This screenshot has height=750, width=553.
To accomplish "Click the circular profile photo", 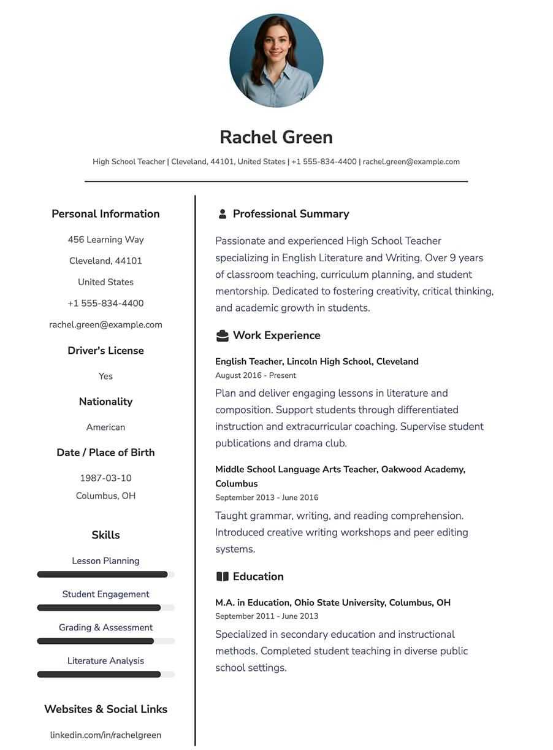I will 276,60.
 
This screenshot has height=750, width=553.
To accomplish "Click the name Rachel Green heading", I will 276,137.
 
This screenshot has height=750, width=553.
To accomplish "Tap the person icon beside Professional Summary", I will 222,214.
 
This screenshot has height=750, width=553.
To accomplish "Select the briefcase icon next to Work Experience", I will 222,335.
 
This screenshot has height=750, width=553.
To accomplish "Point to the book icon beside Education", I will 222,576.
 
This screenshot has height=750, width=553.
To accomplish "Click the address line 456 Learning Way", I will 105,240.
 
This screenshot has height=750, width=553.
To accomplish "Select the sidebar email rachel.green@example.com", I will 105,325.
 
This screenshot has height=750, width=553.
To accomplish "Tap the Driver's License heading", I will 105,351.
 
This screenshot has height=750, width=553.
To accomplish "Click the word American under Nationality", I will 105,427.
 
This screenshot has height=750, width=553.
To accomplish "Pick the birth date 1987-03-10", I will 105,478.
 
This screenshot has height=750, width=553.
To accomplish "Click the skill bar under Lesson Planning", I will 105,575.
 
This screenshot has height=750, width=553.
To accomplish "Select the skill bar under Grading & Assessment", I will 105,641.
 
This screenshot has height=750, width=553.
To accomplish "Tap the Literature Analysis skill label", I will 105,661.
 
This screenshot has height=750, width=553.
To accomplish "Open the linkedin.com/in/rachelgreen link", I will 105,735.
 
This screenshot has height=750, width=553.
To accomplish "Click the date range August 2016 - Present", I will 255,375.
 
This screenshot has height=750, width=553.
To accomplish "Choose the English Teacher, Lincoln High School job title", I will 316,362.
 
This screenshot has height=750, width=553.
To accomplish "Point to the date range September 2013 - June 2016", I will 267,497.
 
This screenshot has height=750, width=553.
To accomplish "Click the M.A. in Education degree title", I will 332,603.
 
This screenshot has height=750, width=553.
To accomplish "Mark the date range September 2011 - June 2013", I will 267,616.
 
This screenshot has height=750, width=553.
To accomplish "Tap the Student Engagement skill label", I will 105,594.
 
